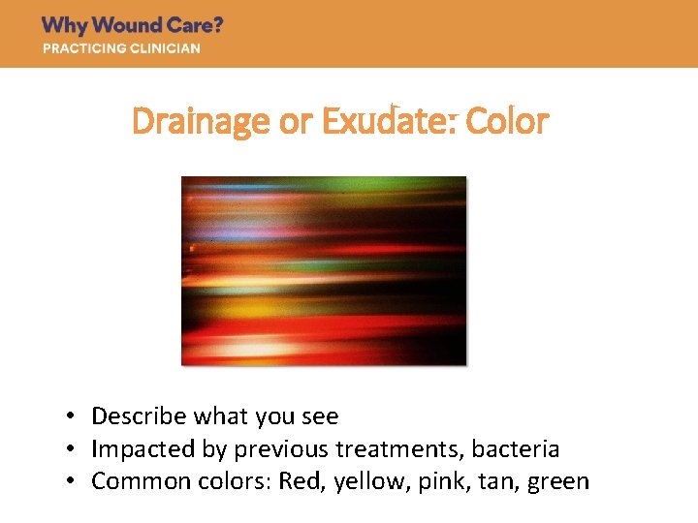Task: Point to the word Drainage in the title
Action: click(187, 122)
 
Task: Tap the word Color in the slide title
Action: click(507, 122)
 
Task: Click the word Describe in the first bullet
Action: click(139, 416)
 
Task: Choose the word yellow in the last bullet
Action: click(361, 482)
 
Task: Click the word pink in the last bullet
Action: click(430, 482)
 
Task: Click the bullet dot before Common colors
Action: click(72, 482)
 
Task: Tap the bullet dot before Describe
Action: click(72, 417)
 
